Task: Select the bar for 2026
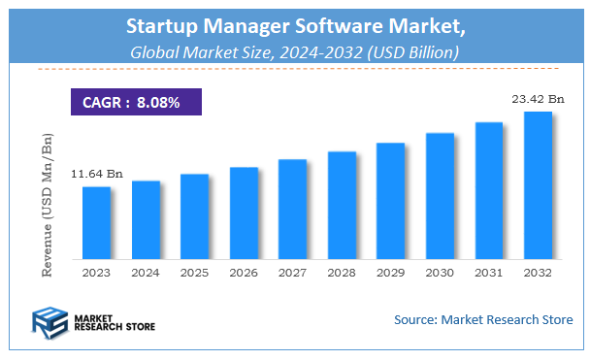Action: (244, 213)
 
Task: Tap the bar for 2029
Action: (390, 200)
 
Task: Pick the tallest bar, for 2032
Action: (538, 184)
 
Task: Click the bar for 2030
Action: (440, 195)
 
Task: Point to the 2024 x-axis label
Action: (146, 273)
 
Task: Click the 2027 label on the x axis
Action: (292, 273)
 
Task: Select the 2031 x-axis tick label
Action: (488, 273)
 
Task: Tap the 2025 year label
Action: (194, 273)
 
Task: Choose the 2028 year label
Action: (342, 273)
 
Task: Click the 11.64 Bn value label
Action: (96, 174)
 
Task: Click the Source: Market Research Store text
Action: (483, 319)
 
